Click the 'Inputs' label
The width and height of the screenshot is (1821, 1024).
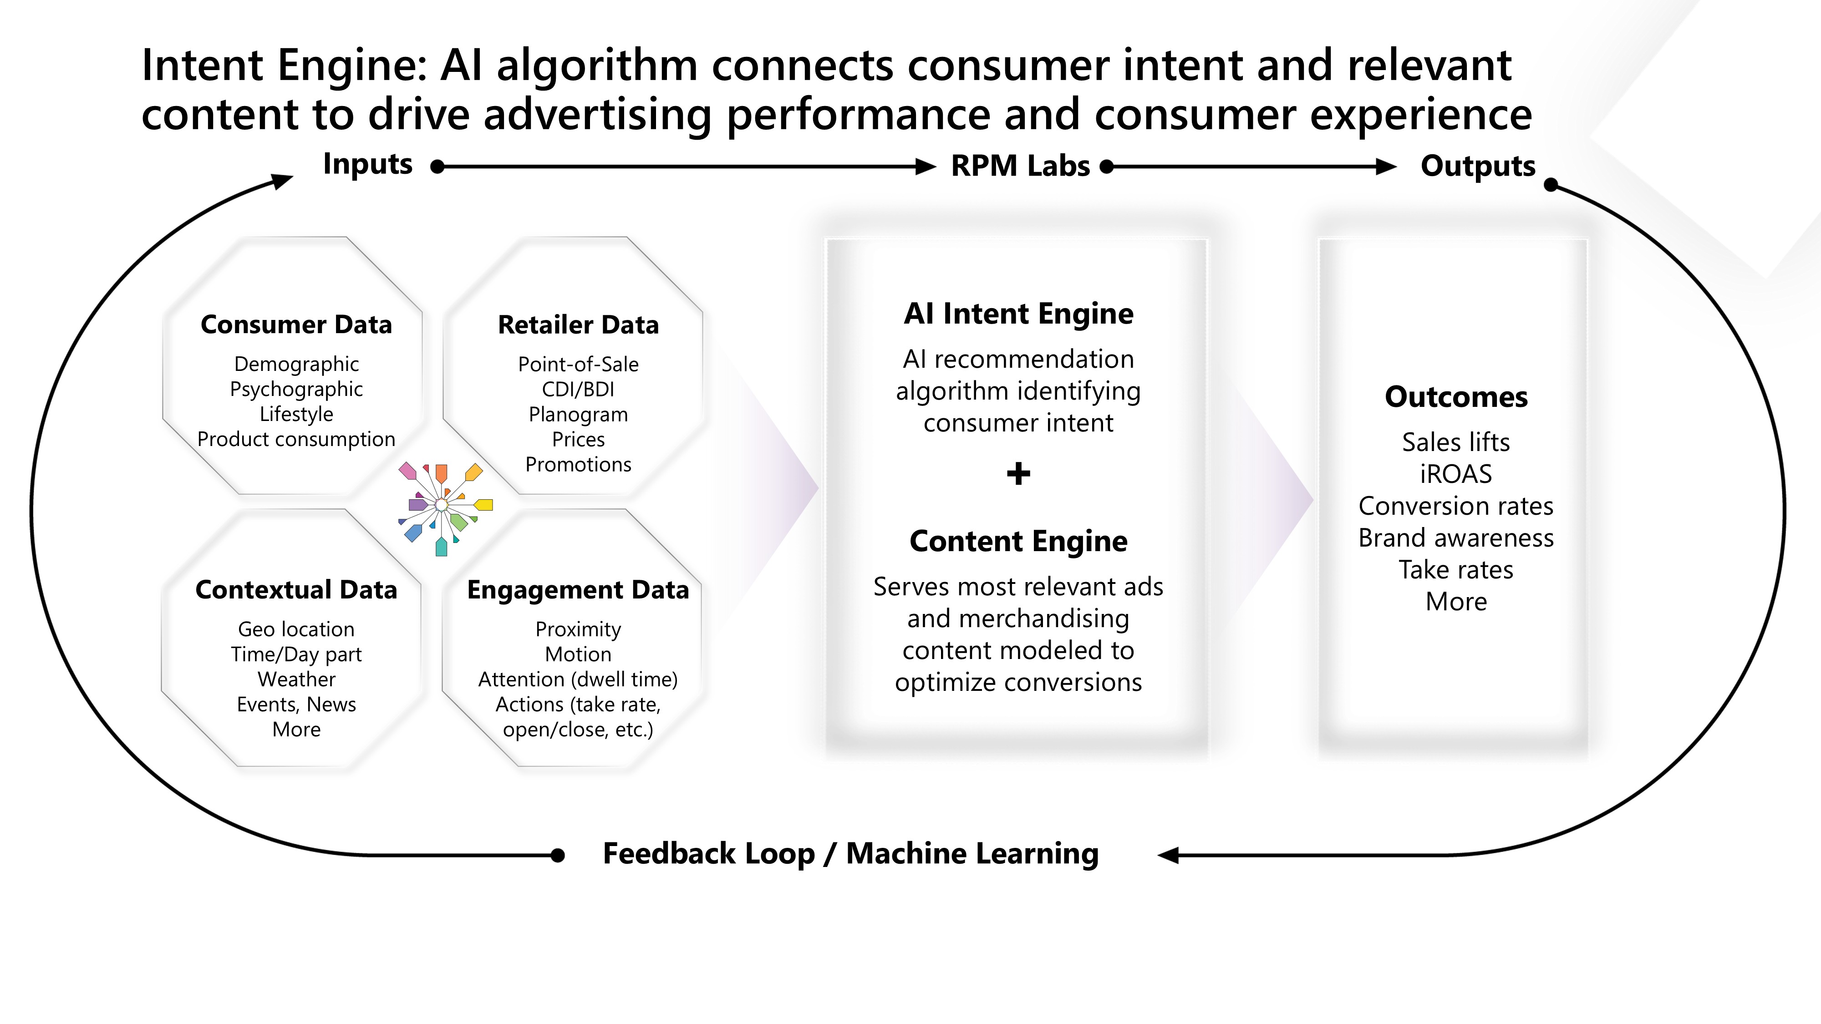point(367,164)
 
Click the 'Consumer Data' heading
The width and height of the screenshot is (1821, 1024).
point(296,324)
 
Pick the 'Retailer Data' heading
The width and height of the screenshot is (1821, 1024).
point(578,325)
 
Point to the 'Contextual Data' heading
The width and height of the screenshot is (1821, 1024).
point(296,589)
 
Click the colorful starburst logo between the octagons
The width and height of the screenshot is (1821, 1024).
point(444,508)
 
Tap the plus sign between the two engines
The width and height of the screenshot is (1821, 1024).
point(1019,473)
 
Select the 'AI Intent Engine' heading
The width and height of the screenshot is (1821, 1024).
point(1019,314)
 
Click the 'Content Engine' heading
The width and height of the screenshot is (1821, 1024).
point(1019,541)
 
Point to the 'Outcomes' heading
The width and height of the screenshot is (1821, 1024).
point(1456,397)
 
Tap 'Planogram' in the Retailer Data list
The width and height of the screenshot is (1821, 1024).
point(578,415)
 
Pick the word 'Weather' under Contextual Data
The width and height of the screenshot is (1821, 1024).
point(296,679)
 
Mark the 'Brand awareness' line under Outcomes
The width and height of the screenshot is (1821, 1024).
point(1456,538)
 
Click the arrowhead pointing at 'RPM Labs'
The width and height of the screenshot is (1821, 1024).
point(926,167)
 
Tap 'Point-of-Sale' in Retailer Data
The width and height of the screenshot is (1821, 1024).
point(578,365)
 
